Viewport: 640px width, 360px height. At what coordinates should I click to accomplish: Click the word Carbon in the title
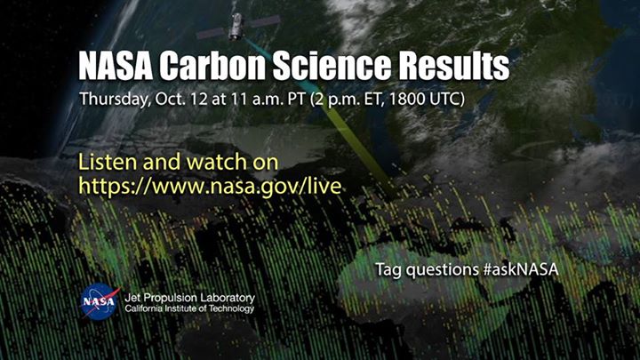click(x=209, y=66)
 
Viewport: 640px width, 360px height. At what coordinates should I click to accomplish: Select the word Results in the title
click(x=454, y=66)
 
